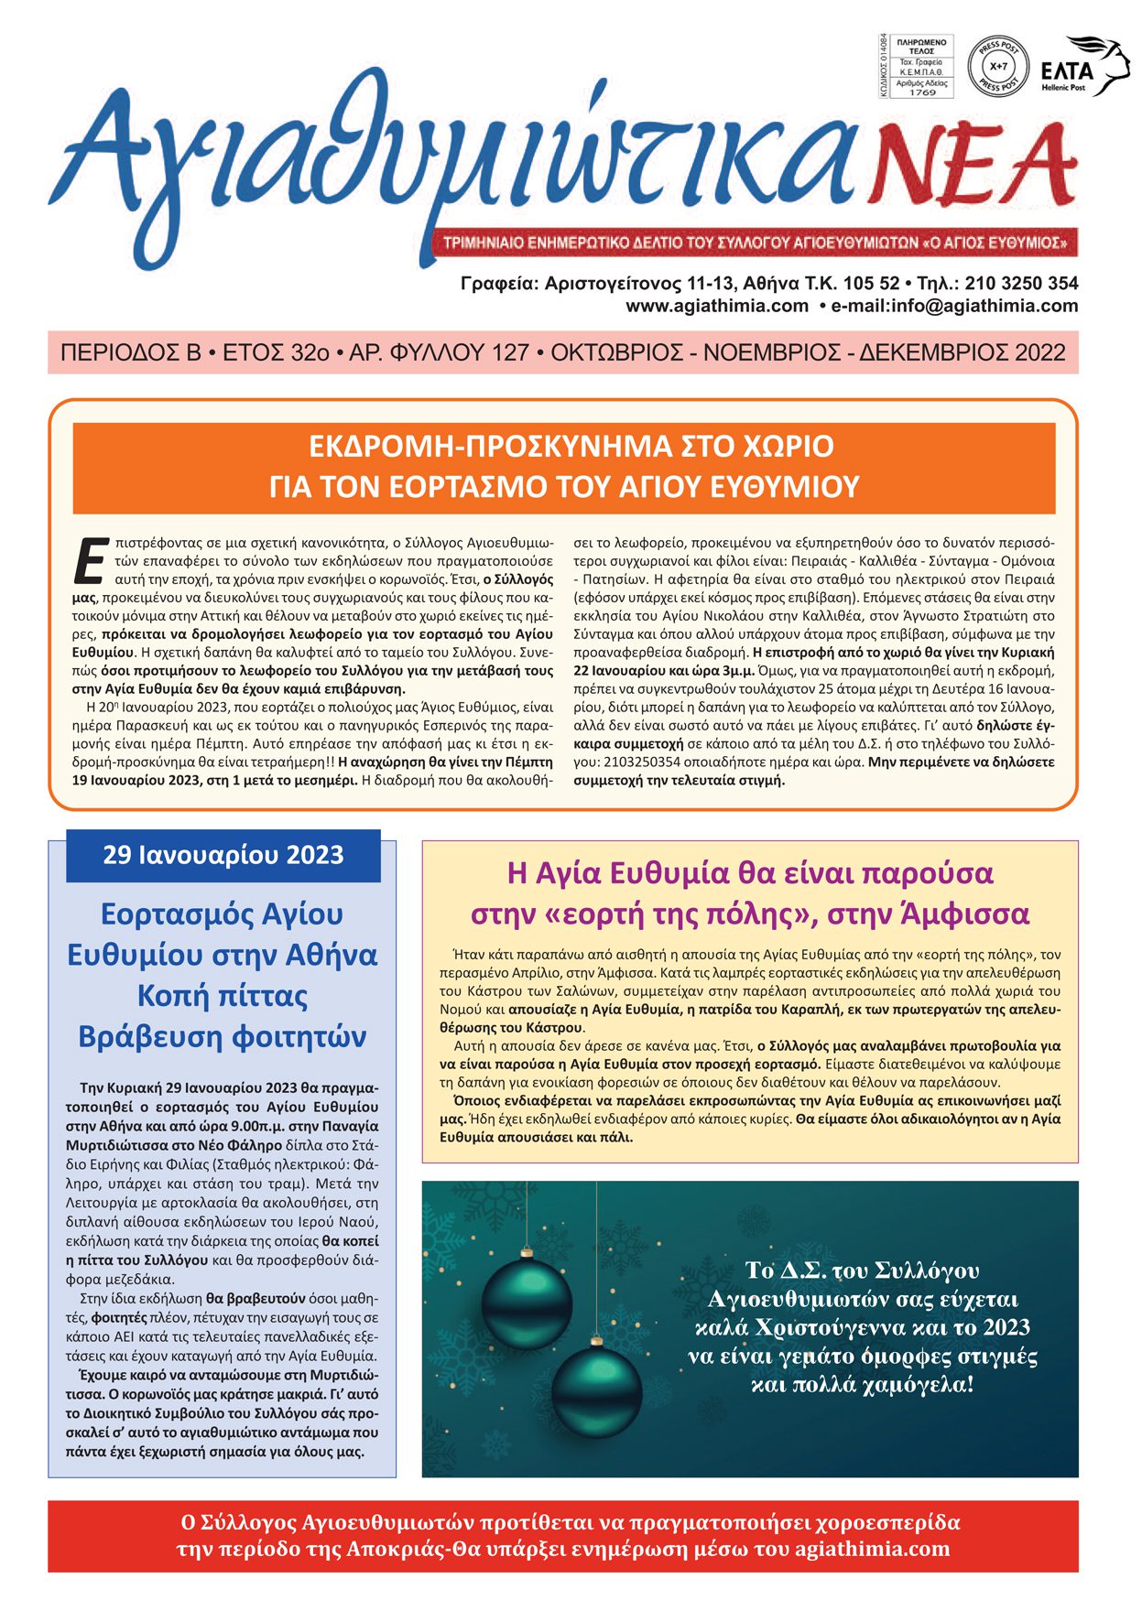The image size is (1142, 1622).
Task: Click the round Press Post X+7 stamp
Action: (x=997, y=67)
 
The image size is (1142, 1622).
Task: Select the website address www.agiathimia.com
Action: (x=717, y=306)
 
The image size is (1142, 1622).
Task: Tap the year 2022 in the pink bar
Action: (x=1039, y=352)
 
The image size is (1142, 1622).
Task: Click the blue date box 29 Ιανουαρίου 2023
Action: (x=223, y=855)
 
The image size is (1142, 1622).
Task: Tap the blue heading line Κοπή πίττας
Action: (x=223, y=996)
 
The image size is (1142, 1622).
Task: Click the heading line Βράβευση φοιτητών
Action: (x=223, y=1037)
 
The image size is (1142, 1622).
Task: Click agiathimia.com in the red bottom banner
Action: (x=873, y=1549)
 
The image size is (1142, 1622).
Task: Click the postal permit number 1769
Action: (x=922, y=92)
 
